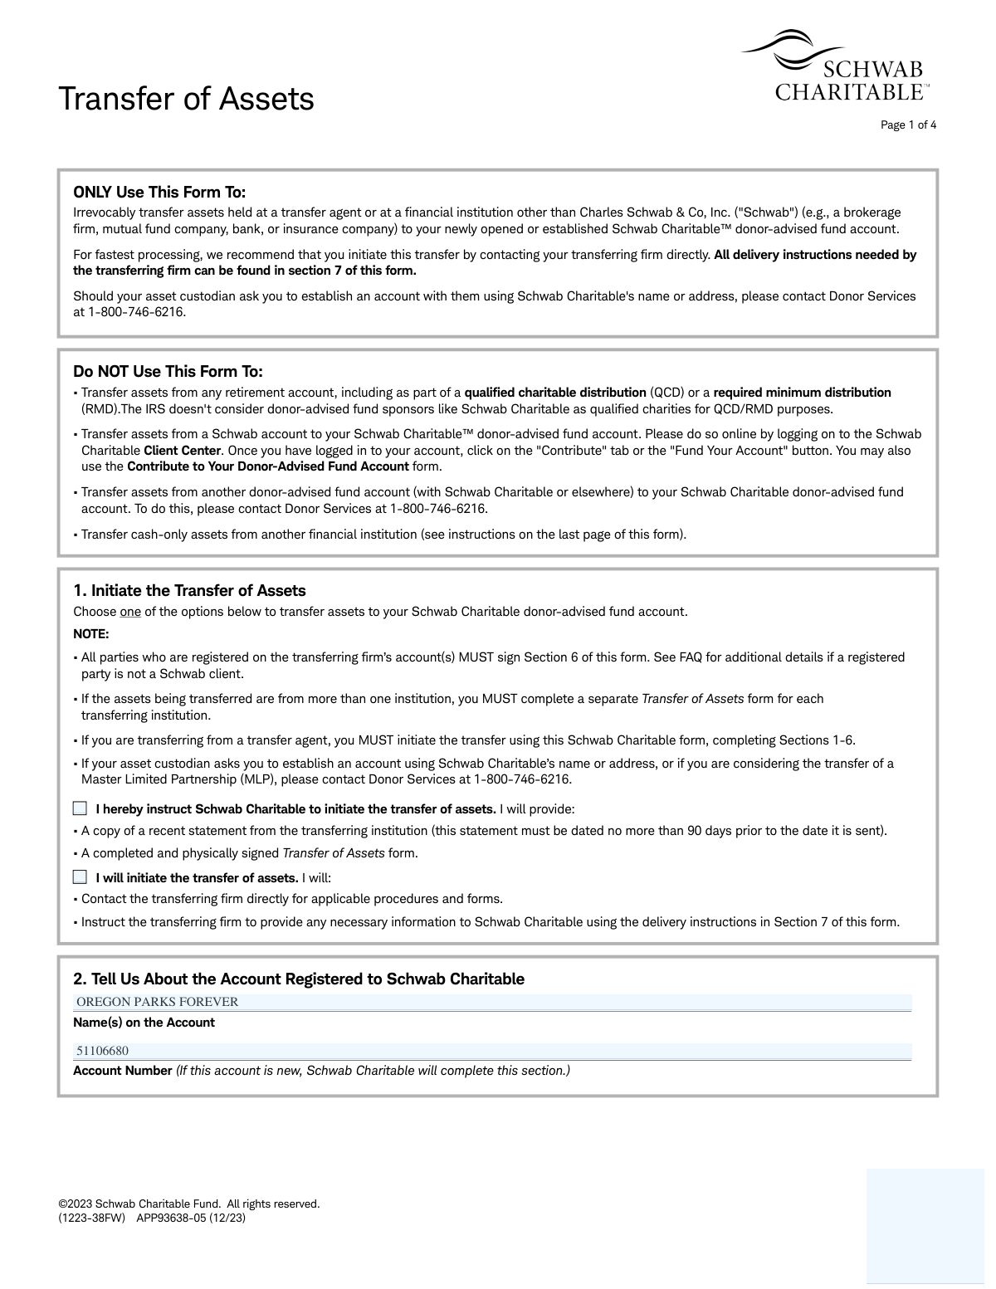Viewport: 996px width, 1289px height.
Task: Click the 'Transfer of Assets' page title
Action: click(x=186, y=99)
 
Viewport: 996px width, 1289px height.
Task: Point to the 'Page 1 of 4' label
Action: click(x=908, y=125)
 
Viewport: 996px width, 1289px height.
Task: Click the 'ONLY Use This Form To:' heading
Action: click(x=159, y=193)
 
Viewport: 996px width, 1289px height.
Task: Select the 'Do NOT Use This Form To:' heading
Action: click(x=168, y=371)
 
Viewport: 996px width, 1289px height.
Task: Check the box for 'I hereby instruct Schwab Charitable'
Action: click(x=80, y=808)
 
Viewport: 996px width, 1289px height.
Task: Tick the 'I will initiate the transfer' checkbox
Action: click(x=80, y=877)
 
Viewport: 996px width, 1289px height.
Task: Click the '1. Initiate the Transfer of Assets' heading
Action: click(x=189, y=591)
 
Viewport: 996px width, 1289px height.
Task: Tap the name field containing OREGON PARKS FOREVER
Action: click(x=493, y=1002)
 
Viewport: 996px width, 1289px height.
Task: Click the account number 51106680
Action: click(x=103, y=1051)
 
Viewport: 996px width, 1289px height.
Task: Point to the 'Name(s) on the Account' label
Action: click(x=144, y=1023)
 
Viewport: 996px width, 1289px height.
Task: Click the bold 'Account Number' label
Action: click(x=123, y=1071)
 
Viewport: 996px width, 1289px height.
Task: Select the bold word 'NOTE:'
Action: click(x=91, y=634)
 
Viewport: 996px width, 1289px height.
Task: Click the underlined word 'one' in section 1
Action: click(x=130, y=612)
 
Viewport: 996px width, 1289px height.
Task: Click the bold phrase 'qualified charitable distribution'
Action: click(x=554, y=393)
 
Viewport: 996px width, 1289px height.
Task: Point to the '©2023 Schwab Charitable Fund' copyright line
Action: click(x=188, y=1204)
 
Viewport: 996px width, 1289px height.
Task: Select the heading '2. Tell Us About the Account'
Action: click(x=299, y=979)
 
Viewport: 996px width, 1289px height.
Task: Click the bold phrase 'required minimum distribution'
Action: click(x=802, y=393)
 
